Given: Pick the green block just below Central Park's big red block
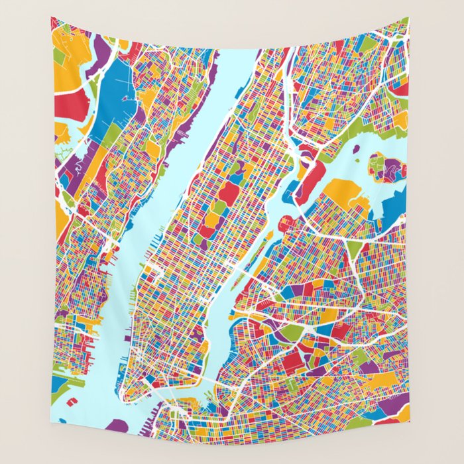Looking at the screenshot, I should (219, 207).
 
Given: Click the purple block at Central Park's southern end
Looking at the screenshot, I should (206, 232).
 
